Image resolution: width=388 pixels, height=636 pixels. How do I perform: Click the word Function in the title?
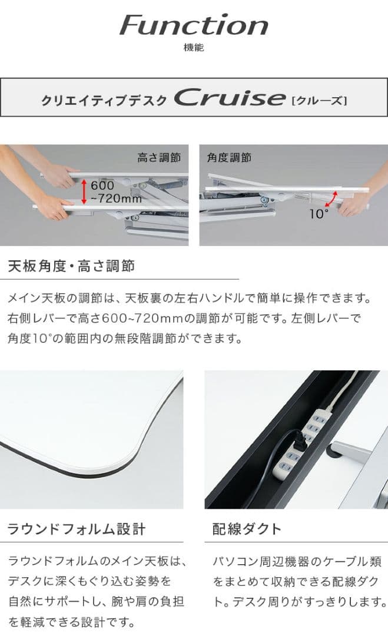coord(194,25)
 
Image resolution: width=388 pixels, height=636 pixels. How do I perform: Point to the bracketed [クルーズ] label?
coord(319,100)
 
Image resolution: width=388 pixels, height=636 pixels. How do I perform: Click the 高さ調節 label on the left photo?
coord(158,157)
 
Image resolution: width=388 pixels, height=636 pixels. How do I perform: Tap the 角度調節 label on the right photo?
coord(229,157)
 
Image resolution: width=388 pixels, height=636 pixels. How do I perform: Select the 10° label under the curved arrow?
coord(319,214)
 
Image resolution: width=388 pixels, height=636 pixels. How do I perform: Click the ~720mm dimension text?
coord(117,198)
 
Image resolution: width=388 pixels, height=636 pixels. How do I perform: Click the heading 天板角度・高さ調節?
coord(71,266)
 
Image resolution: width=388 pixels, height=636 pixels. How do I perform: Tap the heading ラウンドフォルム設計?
coord(76,529)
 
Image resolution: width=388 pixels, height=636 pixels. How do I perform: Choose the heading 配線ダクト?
coord(247,529)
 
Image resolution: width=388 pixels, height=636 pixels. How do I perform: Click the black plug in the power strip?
coord(298,440)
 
